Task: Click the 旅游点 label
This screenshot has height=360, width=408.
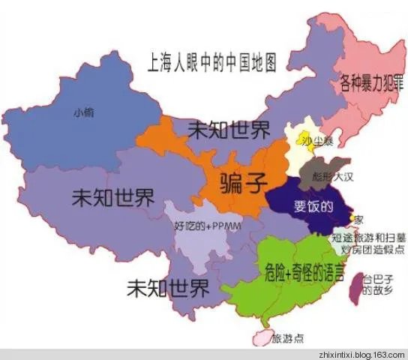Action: click(x=287, y=338)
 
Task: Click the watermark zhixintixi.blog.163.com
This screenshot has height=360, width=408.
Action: click(x=359, y=354)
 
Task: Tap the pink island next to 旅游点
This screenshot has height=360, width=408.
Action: click(x=261, y=337)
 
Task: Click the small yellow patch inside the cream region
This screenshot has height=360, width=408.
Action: click(x=305, y=133)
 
